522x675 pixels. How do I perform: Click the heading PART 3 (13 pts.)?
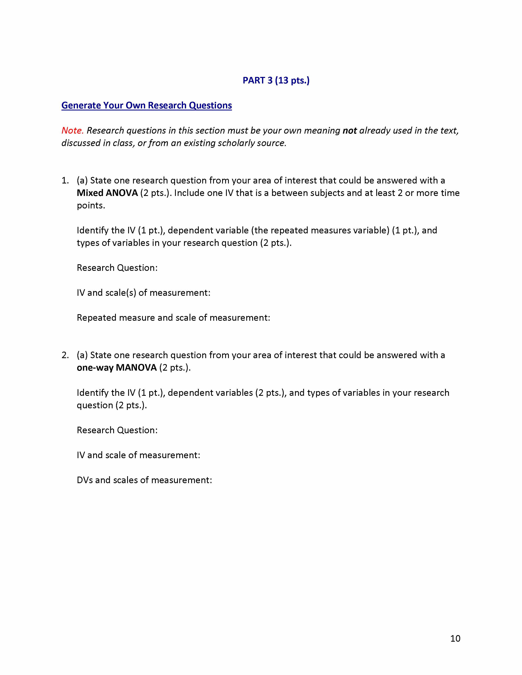pyautogui.click(x=276, y=80)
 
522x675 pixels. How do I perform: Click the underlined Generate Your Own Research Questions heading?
pyautogui.click(x=147, y=105)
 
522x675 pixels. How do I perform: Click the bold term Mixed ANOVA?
pyautogui.click(x=107, y=193)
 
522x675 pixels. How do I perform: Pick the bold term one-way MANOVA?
pyautogui.click(x=117, y=368)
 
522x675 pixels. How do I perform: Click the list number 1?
pyautogui.click(x=65, y=180)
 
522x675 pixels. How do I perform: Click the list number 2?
pyautogui.click(x=65, y=355)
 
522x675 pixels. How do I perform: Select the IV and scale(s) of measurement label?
pyautogui.click(x=143, y=293)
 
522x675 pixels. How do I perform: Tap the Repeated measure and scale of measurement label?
pyautogui.click(x=173, y=318)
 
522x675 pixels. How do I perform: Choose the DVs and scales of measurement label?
pyautogui.click(x=144, y=480)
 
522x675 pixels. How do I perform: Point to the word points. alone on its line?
pyautogui.click(x=91, y=206)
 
